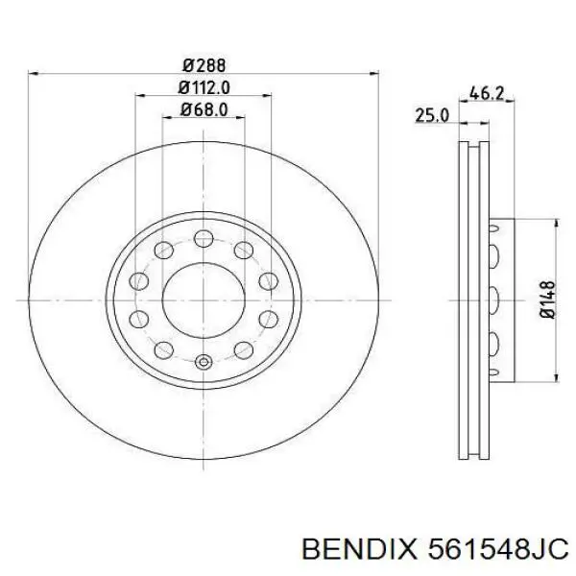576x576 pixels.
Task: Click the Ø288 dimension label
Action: click(x=204, y=65)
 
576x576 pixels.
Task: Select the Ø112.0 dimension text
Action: click(x=204, y=87)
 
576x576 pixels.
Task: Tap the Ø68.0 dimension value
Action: click(x=204, y=109)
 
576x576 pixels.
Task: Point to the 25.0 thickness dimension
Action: click(x=431, y=115)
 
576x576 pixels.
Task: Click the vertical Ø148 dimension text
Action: click(x=544, y=299)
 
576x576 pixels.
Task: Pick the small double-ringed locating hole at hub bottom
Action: click(x=203, y=363)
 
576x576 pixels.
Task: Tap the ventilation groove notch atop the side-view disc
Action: click(x=471, y=145)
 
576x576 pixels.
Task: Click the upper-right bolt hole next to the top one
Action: click(x=244, y=253)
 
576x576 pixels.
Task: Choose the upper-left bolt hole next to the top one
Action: click(x=163, y=253)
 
